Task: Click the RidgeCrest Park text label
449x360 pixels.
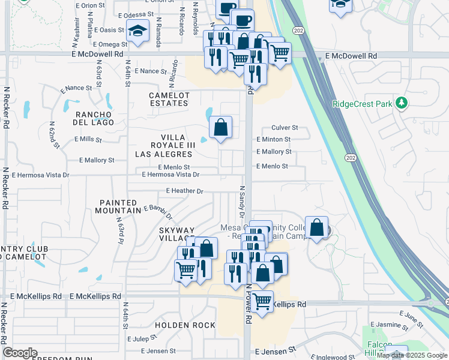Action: [362, 104]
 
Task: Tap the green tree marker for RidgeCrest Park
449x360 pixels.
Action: [402, 103]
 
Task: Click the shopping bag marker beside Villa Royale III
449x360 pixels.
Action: [220, 127]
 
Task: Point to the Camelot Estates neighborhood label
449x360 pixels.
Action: [169, 100]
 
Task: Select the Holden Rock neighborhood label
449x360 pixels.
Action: [185, 325]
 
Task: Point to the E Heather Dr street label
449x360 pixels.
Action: [185, 191]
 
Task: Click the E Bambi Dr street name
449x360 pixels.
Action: [158, 212]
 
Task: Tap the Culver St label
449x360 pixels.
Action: [285, 128]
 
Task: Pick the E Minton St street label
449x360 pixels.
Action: [273, 139]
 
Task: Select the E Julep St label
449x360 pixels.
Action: [143, 339]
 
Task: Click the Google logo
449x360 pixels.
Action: [19, 353]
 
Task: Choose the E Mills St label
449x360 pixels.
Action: [88, 139]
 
